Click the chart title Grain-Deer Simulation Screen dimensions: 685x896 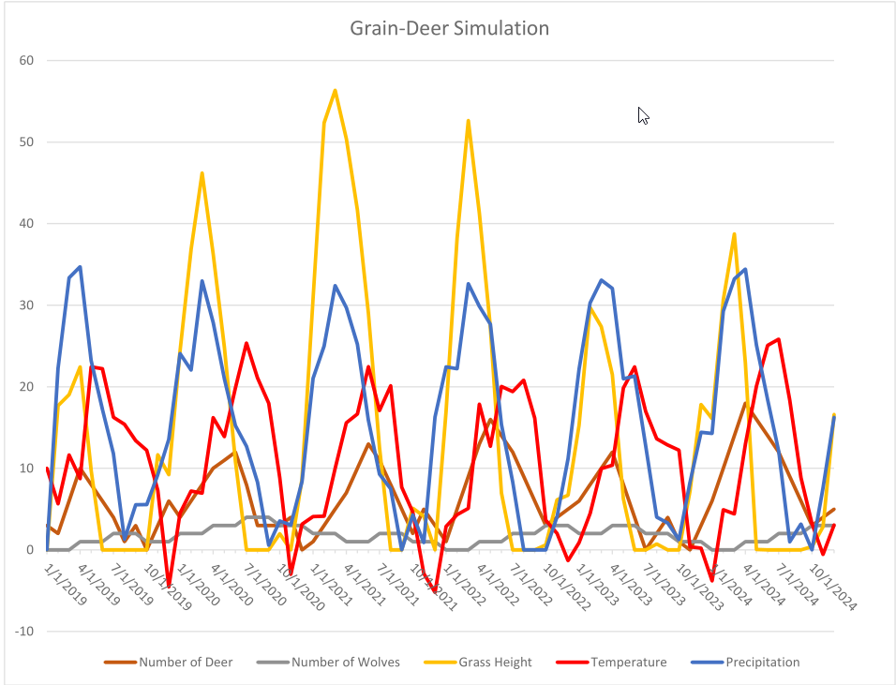(449, 28)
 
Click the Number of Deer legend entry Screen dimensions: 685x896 (186, 663)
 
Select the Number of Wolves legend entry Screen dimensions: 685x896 (345, 663)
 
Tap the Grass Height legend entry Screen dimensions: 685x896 (495, 663)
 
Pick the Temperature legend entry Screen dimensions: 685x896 (628, 663)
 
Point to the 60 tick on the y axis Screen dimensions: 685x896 (27, 61)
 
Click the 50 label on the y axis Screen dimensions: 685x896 (27, 142)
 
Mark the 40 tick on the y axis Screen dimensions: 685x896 (27, 224)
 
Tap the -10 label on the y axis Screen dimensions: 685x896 (24, 631)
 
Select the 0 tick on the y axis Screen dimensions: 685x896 (30, 550)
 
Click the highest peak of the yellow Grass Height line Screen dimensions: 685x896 (335, 90)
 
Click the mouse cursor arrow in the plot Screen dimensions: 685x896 (643, 115)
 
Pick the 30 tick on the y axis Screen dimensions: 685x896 (27, 305)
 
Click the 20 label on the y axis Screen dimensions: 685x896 (27, 387)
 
